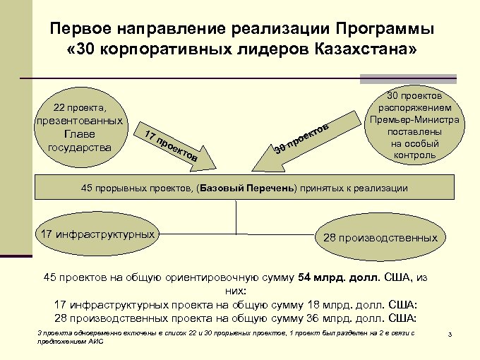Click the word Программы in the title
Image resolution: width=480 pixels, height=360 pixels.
pos(385,30)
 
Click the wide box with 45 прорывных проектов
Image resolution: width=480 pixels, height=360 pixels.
pos(241,189)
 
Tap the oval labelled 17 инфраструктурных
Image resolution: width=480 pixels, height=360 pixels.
pos(98,234)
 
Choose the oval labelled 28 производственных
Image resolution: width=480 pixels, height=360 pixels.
pos(380,238)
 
